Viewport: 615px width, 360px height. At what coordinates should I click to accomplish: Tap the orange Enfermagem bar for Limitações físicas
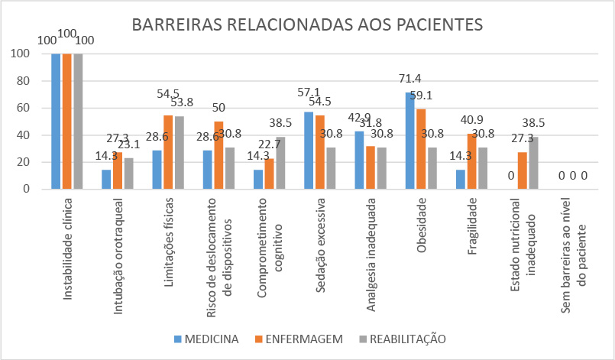point(167,152)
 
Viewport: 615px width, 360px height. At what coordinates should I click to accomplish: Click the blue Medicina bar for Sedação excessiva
point(309,151)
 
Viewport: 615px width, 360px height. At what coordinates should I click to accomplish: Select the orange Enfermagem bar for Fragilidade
point(471,161)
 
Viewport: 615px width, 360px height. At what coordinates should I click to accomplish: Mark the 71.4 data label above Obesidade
point(410,79)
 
